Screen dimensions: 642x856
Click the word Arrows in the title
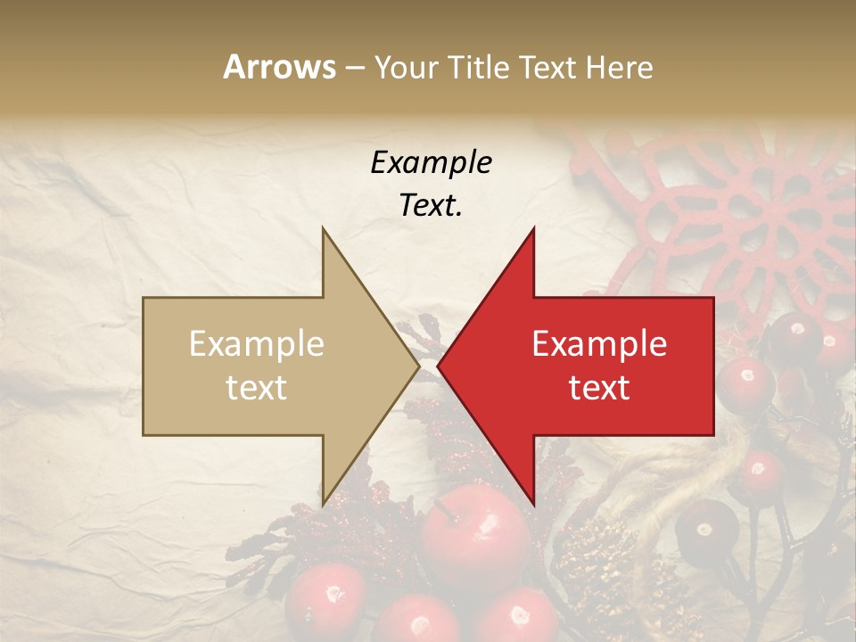pos(280,67)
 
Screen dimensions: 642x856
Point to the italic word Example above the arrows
pos(431,162)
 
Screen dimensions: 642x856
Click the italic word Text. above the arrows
pos(431,205)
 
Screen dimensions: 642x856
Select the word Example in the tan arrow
pos(257,344)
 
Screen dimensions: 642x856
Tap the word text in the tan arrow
pos(257,387)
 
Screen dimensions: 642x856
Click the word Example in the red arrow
pos(599,344)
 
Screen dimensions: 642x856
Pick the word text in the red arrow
pos(599,387)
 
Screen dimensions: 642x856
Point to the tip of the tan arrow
pos(418,366)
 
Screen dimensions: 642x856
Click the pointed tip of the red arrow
pos(439,366)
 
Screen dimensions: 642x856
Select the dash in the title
pos(354,68)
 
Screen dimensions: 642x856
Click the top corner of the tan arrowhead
pos(323,228)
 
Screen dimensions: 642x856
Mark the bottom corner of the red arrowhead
pos(533,505)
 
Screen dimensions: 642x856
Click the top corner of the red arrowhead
pos(533,228)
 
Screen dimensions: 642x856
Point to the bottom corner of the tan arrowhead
pos(323,505)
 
